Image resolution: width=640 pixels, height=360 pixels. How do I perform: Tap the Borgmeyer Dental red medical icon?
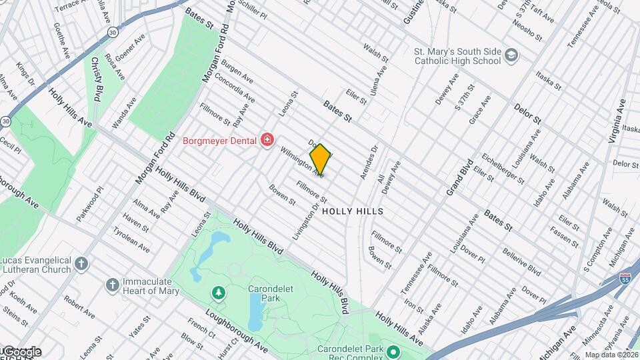[x=267, y=139]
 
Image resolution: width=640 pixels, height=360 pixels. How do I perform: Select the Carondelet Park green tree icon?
[x=217, y=293]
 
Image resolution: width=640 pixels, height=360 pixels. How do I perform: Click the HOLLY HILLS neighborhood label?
[x=353, y=211]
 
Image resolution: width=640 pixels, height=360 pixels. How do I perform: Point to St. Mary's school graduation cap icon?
[x=511, y=55]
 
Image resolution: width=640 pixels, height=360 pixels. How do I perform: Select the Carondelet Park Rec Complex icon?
[x=393, y=351]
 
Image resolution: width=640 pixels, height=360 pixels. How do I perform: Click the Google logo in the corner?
[x=21, y=351]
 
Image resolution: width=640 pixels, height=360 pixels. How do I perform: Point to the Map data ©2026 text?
[x=611, y=355]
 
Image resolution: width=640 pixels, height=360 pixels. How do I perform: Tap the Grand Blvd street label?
[x=459, y=177]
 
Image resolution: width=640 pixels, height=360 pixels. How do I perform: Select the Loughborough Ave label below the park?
[x=236, y=331]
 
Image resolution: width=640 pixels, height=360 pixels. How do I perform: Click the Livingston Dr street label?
[x=306, y=221]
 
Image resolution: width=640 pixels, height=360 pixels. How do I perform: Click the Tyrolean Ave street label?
[x=131, y=238]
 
